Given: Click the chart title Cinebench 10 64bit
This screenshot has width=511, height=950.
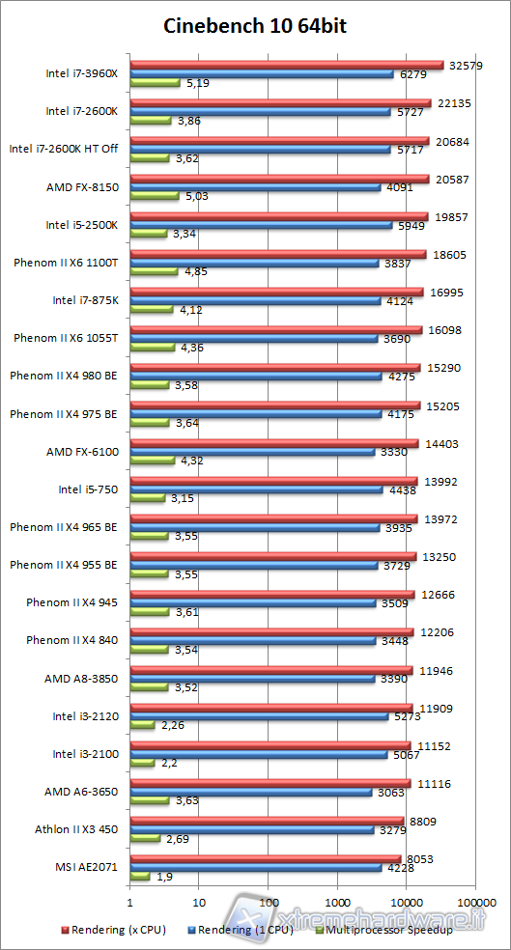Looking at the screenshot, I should point(255,27).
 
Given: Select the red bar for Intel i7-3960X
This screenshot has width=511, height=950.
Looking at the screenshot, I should point(286,65).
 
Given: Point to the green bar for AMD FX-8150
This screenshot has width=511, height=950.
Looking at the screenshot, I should point(154,196).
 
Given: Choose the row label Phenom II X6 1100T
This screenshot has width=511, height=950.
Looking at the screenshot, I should point(67,263).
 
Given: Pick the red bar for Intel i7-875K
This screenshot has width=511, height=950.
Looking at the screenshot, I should point(276,292).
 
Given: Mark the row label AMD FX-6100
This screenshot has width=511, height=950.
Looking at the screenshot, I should point(82,451).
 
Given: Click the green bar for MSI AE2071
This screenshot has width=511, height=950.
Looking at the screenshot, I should point(140,876).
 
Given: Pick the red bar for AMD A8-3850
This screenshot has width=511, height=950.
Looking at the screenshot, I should point(271,669).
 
